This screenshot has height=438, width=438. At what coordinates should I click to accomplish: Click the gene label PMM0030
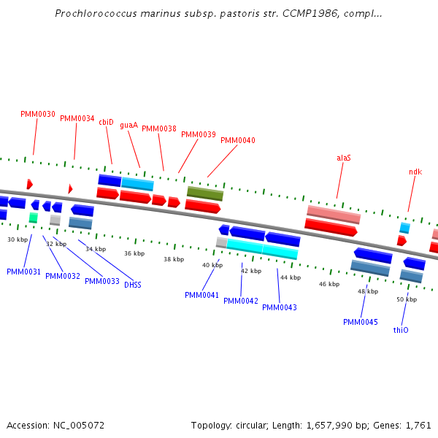coord(38,114)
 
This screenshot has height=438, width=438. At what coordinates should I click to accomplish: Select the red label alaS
coord(344,157)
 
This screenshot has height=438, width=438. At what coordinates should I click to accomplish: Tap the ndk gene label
coord(415,172)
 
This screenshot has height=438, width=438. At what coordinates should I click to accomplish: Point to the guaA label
coord(128,126)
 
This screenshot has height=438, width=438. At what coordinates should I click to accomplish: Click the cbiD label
coord(106,123)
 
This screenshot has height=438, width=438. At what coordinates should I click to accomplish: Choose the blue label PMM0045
coord(361,322)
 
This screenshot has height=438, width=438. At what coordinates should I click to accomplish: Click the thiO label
coord(401,330)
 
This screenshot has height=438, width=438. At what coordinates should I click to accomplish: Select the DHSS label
coord(132,285)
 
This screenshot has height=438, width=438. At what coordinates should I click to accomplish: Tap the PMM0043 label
coord(280,307)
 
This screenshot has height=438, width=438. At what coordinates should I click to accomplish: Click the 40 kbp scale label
coord(212,265)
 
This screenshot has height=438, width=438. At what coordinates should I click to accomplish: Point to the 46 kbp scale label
coord(329,284)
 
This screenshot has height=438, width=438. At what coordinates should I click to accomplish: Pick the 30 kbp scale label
coord(18,239)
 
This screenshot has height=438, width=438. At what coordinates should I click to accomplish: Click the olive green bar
coord(205,193)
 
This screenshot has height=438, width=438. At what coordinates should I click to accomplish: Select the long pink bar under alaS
coord(334,215)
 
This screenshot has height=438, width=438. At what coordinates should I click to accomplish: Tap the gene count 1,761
coord(418,425)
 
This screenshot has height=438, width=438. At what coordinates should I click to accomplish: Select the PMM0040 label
coord(238,140)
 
